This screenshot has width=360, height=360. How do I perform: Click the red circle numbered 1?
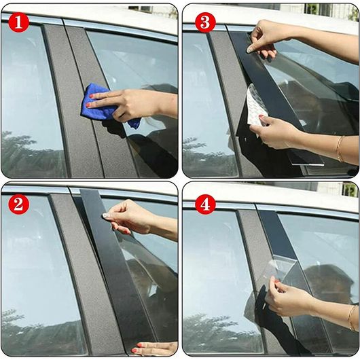pyautogui.click(x=18, y=22)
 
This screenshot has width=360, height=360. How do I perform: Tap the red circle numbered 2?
pyautogui.click(x=18, y=204)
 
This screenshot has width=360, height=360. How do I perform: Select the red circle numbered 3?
pyautogui.click(x=205, y=22)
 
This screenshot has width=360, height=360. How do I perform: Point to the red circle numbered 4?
pyautogui.click(x=205, y=204)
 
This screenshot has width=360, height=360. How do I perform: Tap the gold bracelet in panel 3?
pyautogui.click(x=340, y=149)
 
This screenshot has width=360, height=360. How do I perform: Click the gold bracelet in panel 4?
pyautogui.click(x=350, y=318)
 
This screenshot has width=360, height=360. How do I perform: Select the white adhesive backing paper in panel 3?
pyautogui.click(x=256, y=106)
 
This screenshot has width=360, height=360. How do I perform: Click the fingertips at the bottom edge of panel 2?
pyautogui.click(x=154, y=348)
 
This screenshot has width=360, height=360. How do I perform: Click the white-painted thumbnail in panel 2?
pyautogui.click(x=105, y=215)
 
